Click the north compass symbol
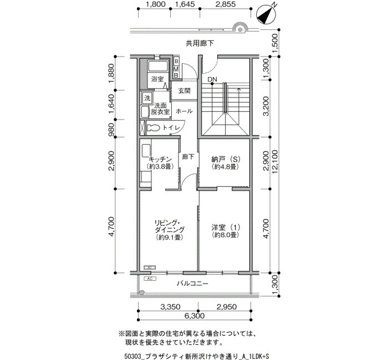pos(266,15)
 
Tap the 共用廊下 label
pos(200,44)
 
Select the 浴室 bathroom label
pos(157,79)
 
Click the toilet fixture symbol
pos(153,128)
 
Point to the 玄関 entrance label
pos(185,91)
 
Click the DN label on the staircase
pos(212,79)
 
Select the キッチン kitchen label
pos(160,159)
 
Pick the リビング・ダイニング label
pos(170,226)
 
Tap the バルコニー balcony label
pos(192,284)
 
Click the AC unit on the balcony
pos(150,279)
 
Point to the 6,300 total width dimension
pos(195,316)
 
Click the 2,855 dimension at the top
pos(225,4)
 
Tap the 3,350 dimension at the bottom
pos(170,307)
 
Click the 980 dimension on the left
pos(111,130)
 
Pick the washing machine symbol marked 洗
pos(147,98)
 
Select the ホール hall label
pos(185,111)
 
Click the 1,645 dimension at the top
pos(185,4)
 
